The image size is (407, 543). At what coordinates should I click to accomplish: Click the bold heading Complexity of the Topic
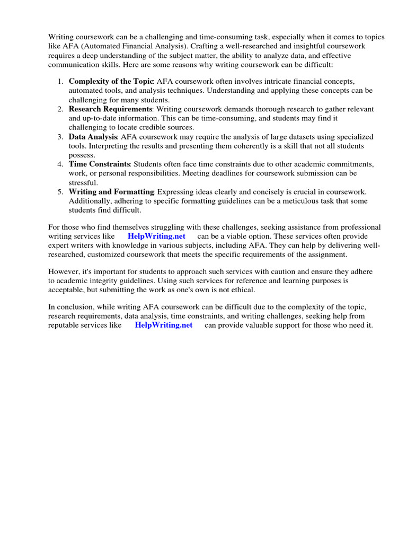coord(111,82)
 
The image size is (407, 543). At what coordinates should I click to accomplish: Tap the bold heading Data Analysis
coord(93,137)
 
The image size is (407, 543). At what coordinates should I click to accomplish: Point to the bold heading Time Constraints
coord(100,164)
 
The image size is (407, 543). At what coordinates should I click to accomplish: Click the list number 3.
coord(60,137)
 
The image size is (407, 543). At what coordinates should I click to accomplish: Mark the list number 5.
coord(60,191)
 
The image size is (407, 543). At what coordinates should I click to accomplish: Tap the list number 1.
coord(60,82)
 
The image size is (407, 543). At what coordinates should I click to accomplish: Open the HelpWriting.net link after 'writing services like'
coord(156,237)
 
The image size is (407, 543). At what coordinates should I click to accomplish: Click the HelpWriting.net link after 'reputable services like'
coord(164,325)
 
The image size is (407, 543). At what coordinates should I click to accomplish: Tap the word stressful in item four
coord(83,182)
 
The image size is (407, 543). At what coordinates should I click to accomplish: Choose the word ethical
coord(241,290)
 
